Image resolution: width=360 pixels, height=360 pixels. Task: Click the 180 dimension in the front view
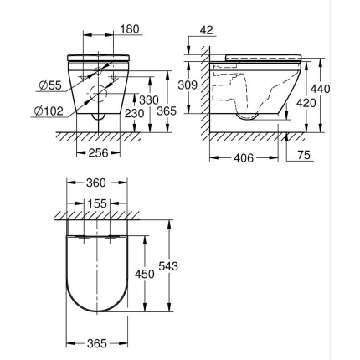click(x=130, y=29)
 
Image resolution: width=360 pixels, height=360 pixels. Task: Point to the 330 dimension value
click(x=147, y=100)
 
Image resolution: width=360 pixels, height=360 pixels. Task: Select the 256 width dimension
click(x=99, y=153)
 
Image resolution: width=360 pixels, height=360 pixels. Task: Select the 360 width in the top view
click(x=97, y=182)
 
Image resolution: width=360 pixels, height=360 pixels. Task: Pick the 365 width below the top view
click(x=97, y=344)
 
